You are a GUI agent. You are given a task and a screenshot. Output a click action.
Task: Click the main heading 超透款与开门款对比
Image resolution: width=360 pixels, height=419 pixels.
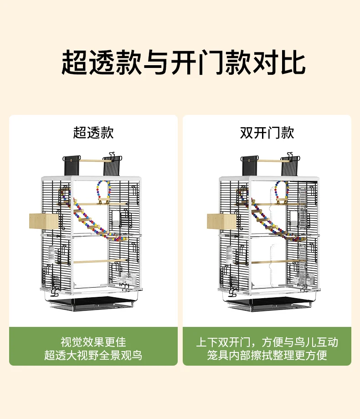(183, 62)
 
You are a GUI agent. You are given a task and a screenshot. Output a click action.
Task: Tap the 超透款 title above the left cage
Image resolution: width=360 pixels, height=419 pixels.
(93, 133)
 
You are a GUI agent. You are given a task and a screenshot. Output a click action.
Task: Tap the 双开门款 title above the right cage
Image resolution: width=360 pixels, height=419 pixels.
(267, 133)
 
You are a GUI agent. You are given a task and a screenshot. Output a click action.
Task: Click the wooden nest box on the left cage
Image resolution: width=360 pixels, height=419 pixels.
(44, 221)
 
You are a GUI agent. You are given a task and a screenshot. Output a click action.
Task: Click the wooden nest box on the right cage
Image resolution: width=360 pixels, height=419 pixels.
(221, 221)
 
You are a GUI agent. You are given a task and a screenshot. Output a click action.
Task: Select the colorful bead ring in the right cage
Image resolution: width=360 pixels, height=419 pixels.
(281, 191)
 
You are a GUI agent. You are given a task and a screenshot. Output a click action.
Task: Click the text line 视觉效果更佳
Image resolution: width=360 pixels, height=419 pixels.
(93, 342)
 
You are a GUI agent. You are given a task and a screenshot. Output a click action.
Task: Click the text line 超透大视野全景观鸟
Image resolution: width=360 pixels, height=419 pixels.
(93, 356)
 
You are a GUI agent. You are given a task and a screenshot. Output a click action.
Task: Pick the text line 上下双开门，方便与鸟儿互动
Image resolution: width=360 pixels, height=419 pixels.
(267, 342)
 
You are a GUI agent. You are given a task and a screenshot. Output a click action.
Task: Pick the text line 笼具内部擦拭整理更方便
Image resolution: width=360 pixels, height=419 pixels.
(267, 356)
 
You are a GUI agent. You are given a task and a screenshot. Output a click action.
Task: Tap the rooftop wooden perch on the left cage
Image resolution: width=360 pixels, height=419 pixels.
(91, 160)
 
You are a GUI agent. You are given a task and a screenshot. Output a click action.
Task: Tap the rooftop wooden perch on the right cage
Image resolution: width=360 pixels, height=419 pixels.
(269, 160)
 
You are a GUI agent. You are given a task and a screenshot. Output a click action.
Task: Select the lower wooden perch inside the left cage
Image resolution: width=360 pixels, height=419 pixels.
(93, 262)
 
